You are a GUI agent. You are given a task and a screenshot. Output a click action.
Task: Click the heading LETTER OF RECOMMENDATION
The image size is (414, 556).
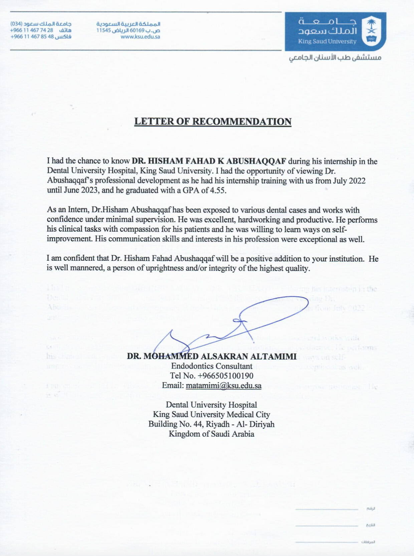(x=213, y=122)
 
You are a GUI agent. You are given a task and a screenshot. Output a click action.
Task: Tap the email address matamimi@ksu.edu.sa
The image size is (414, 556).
(x=223, y=386)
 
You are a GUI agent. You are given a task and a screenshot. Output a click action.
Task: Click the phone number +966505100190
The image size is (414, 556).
(x=225, y=376)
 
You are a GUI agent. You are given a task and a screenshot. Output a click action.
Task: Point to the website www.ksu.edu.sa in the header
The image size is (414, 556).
(x=140, y=37)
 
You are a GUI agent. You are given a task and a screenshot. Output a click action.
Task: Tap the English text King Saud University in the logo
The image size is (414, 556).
(x=327, y=42)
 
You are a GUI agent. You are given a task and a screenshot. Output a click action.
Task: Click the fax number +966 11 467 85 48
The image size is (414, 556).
(x=32, y=37)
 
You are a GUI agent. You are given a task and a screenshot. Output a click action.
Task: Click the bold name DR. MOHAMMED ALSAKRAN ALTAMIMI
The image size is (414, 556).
(x=212, y=356)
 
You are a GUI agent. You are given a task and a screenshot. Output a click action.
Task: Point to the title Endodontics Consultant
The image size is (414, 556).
(x=212, y=366)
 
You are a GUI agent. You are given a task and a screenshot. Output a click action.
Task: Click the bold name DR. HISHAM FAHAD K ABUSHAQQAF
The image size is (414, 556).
(x=209, y=161)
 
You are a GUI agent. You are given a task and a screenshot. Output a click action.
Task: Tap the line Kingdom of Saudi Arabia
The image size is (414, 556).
(x=211, y=434)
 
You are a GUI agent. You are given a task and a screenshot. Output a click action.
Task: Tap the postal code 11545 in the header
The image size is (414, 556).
(x=103, y=30)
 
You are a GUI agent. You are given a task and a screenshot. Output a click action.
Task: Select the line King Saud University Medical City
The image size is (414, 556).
(x=211, y=415)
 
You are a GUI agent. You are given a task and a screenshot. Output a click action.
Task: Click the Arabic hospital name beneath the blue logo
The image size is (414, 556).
(x=335, y=58)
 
